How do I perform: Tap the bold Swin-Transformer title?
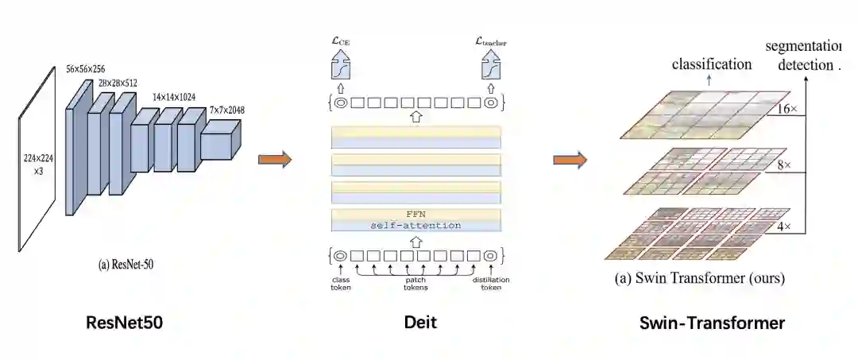coord(712,323)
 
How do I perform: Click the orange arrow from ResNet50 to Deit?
coord(275,160)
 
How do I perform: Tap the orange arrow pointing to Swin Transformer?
coord(570,160)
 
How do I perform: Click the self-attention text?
coord(415,226)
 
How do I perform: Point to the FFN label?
coord(416,215)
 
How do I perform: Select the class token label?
coord(341,284)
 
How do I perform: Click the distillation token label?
coord(490,284)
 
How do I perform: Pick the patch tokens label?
coord(415,284)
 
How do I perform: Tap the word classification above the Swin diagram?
coord(712,64)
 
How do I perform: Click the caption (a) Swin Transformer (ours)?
coord(700,279)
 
